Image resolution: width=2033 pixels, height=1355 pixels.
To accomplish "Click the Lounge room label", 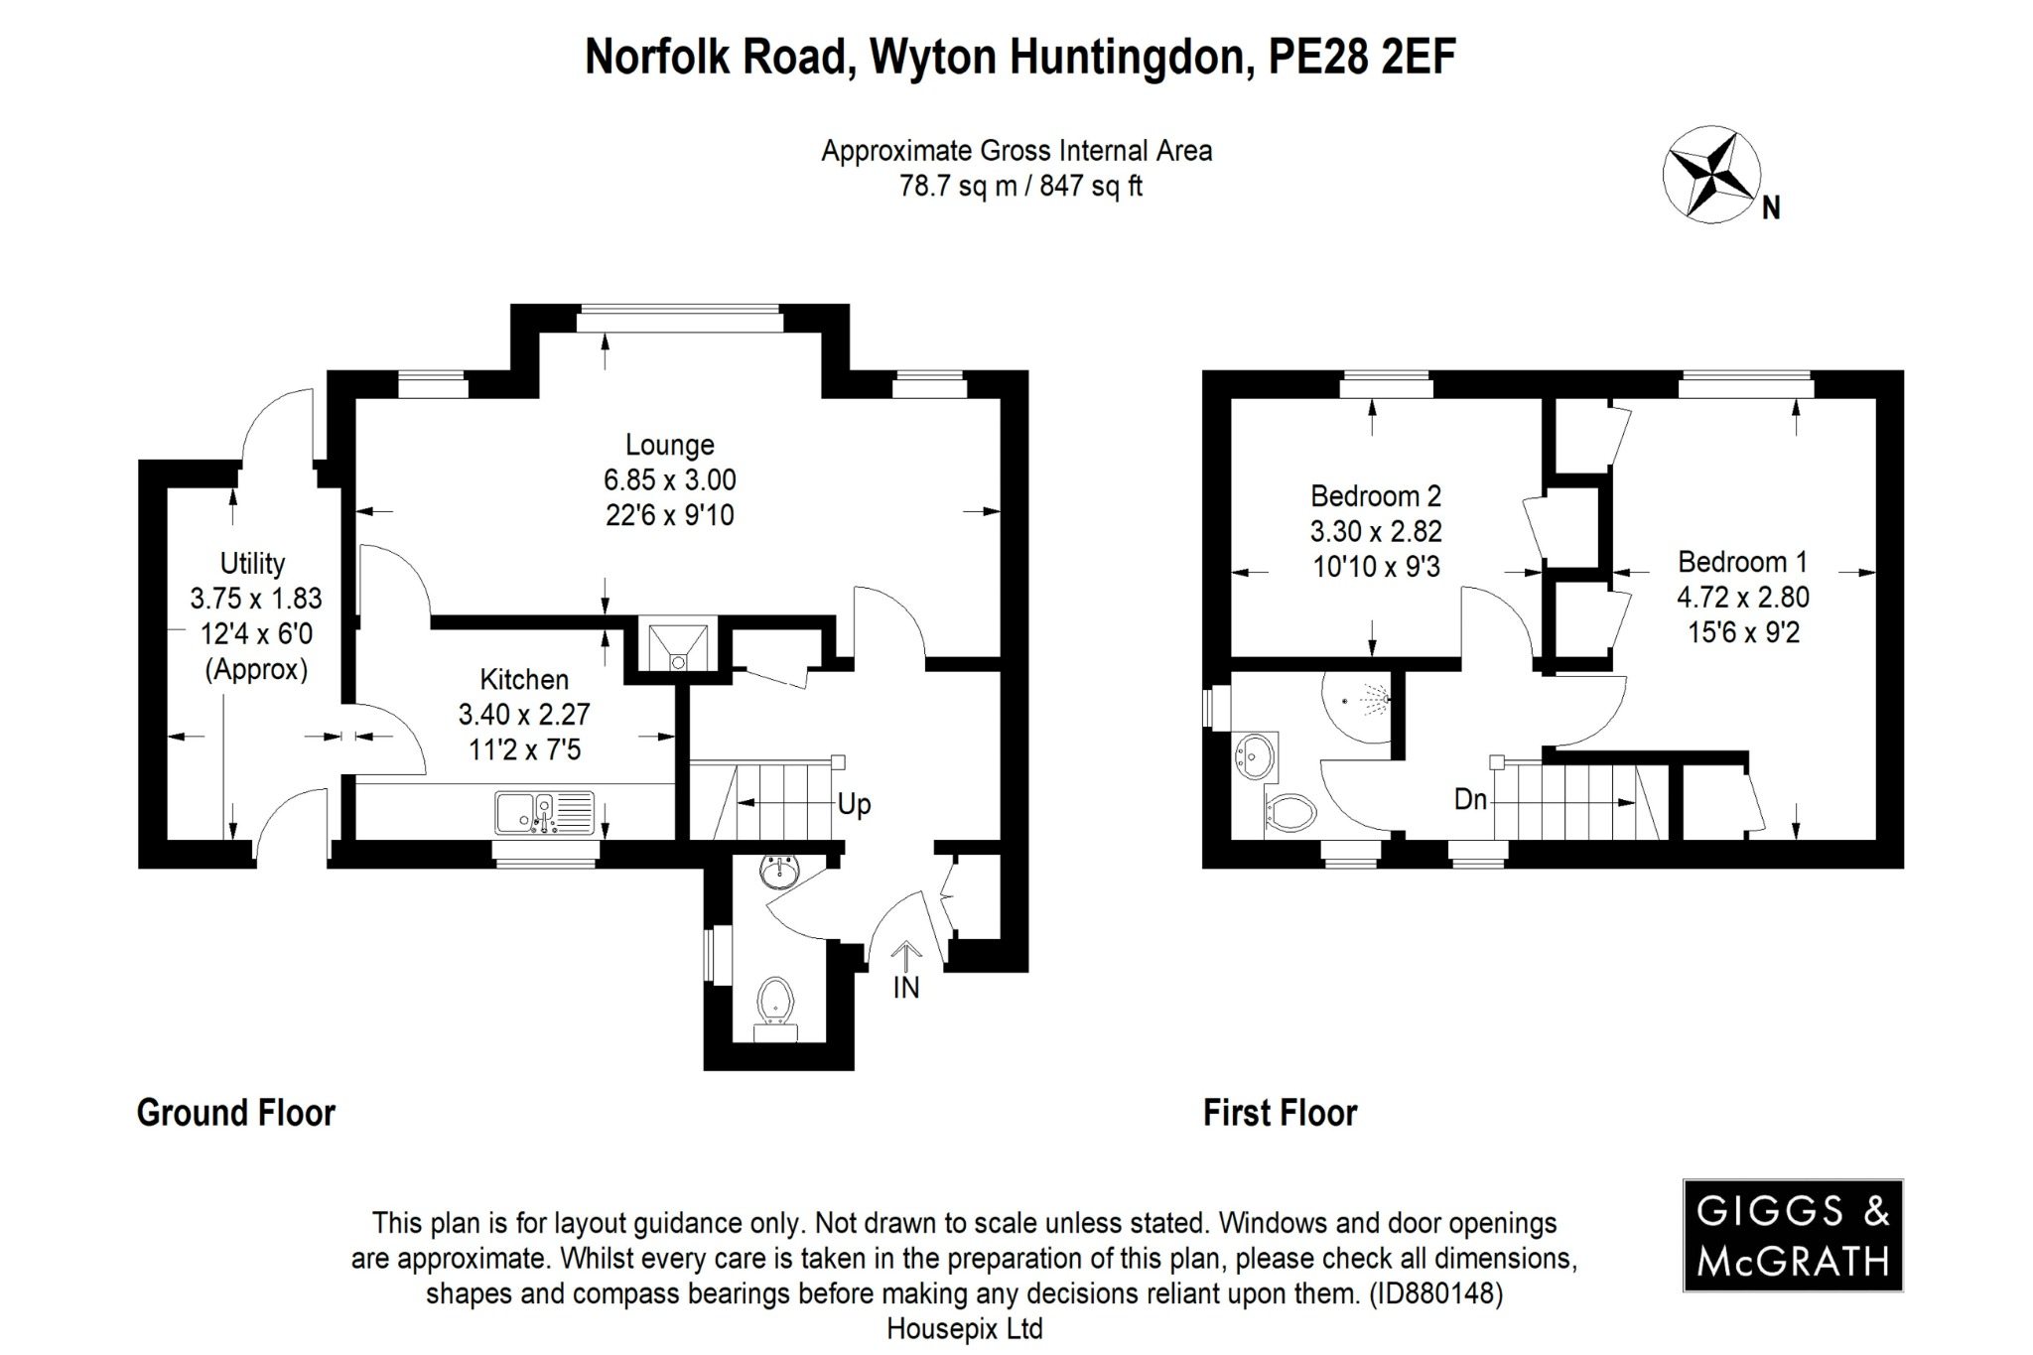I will (669, 445).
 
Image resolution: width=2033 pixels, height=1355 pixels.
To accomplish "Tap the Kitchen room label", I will (524, 680).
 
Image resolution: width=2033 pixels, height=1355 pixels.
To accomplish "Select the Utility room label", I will (252, 564).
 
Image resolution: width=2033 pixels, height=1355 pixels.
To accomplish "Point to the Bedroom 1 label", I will (1742, 562).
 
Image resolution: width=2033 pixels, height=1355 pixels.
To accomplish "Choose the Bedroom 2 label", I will (1375, 495).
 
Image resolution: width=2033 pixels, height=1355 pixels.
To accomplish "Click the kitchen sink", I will (544, 812).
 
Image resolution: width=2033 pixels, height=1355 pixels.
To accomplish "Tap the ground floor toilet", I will (776, 1001).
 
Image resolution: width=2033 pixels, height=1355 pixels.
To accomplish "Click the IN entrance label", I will (905, 988).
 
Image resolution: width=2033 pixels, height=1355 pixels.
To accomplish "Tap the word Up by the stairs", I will (854, 803).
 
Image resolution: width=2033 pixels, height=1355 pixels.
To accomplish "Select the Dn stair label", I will (1470, 798).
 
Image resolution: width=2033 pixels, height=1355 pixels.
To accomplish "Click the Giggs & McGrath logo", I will (1792, 1235).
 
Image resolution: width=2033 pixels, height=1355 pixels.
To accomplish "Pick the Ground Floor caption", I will (236, 1113).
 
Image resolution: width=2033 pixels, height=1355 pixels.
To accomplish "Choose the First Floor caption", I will (1280, 1113).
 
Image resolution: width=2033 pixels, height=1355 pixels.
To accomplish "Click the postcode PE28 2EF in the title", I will (1362, 58).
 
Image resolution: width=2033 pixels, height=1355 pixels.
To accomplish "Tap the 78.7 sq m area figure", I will (957, 186).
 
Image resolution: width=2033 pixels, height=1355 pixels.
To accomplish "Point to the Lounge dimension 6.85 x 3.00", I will (669, 480).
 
